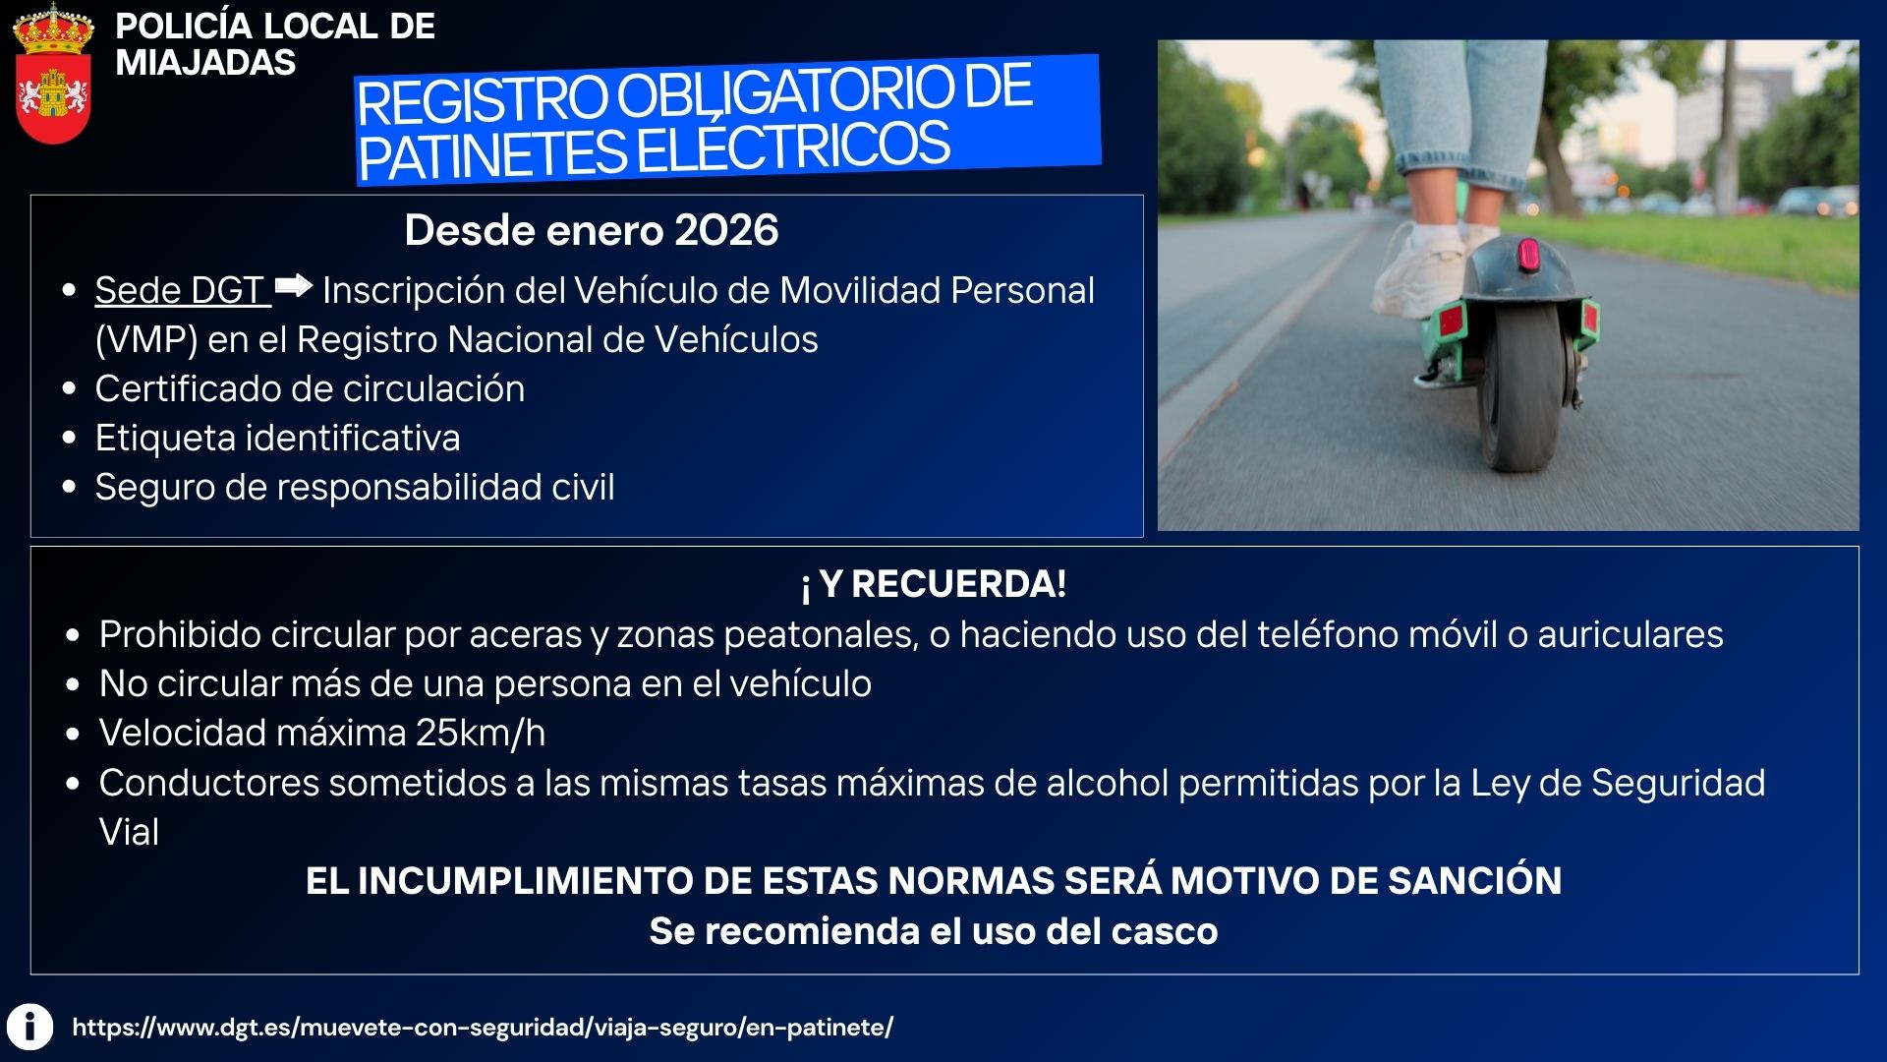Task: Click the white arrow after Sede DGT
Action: click(x=293, y=286)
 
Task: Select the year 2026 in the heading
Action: click(x=726, y=230)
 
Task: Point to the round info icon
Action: click(x=30, y=1028)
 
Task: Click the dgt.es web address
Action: click(x=483, y=1028)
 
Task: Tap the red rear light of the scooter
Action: click(x=1527, y=255)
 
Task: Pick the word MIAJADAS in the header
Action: click(x=205, y=63)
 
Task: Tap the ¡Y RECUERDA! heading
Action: click(x=934, y=584)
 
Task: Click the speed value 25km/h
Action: click(x=480, y=734)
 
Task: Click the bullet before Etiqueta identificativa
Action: click(x=69, y=439)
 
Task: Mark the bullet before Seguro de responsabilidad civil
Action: click(x=69, y=488)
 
